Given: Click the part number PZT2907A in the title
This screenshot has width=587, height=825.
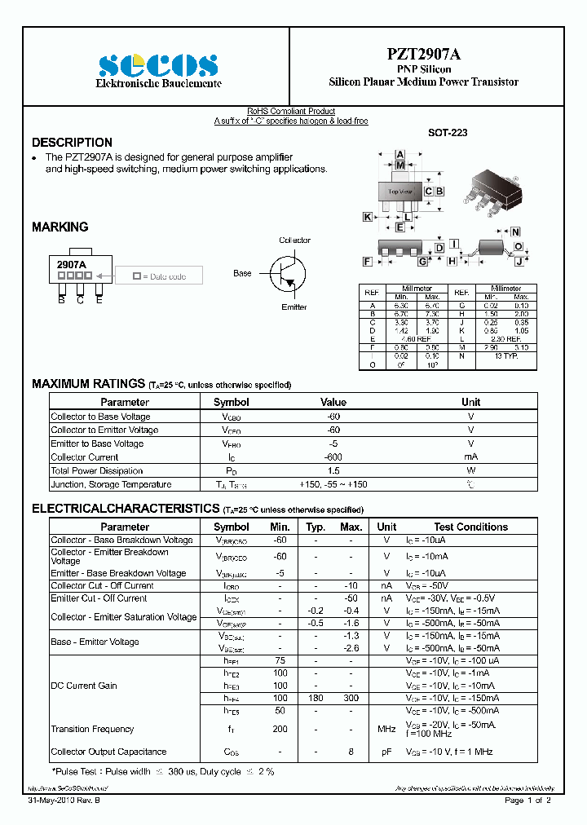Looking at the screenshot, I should point(423,55).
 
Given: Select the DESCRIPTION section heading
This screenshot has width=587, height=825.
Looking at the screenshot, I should point(72,143).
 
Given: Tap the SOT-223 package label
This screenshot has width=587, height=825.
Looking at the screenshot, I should point(448,132).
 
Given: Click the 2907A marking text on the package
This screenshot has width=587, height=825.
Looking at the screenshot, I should point(71,265).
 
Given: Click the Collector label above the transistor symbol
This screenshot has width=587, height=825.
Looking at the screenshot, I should point(294,240).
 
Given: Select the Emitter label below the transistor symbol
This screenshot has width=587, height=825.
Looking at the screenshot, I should point(293,307).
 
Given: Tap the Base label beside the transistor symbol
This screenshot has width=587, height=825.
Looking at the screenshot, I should point(242,273).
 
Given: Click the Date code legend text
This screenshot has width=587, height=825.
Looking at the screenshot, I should point(166,277).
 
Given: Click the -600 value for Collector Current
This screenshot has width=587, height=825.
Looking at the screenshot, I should point(333,457).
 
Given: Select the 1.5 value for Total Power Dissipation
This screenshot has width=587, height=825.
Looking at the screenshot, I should point(333,471).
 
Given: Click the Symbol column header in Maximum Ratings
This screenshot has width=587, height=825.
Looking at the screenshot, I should point(231,402).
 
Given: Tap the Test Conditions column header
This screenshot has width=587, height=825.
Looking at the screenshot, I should point(470,527).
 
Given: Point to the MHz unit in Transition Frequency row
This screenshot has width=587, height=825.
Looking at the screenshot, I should point(386,729).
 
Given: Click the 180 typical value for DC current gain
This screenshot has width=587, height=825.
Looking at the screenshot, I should point(316,698).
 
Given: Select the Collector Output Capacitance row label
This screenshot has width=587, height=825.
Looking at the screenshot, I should point(108,752).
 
